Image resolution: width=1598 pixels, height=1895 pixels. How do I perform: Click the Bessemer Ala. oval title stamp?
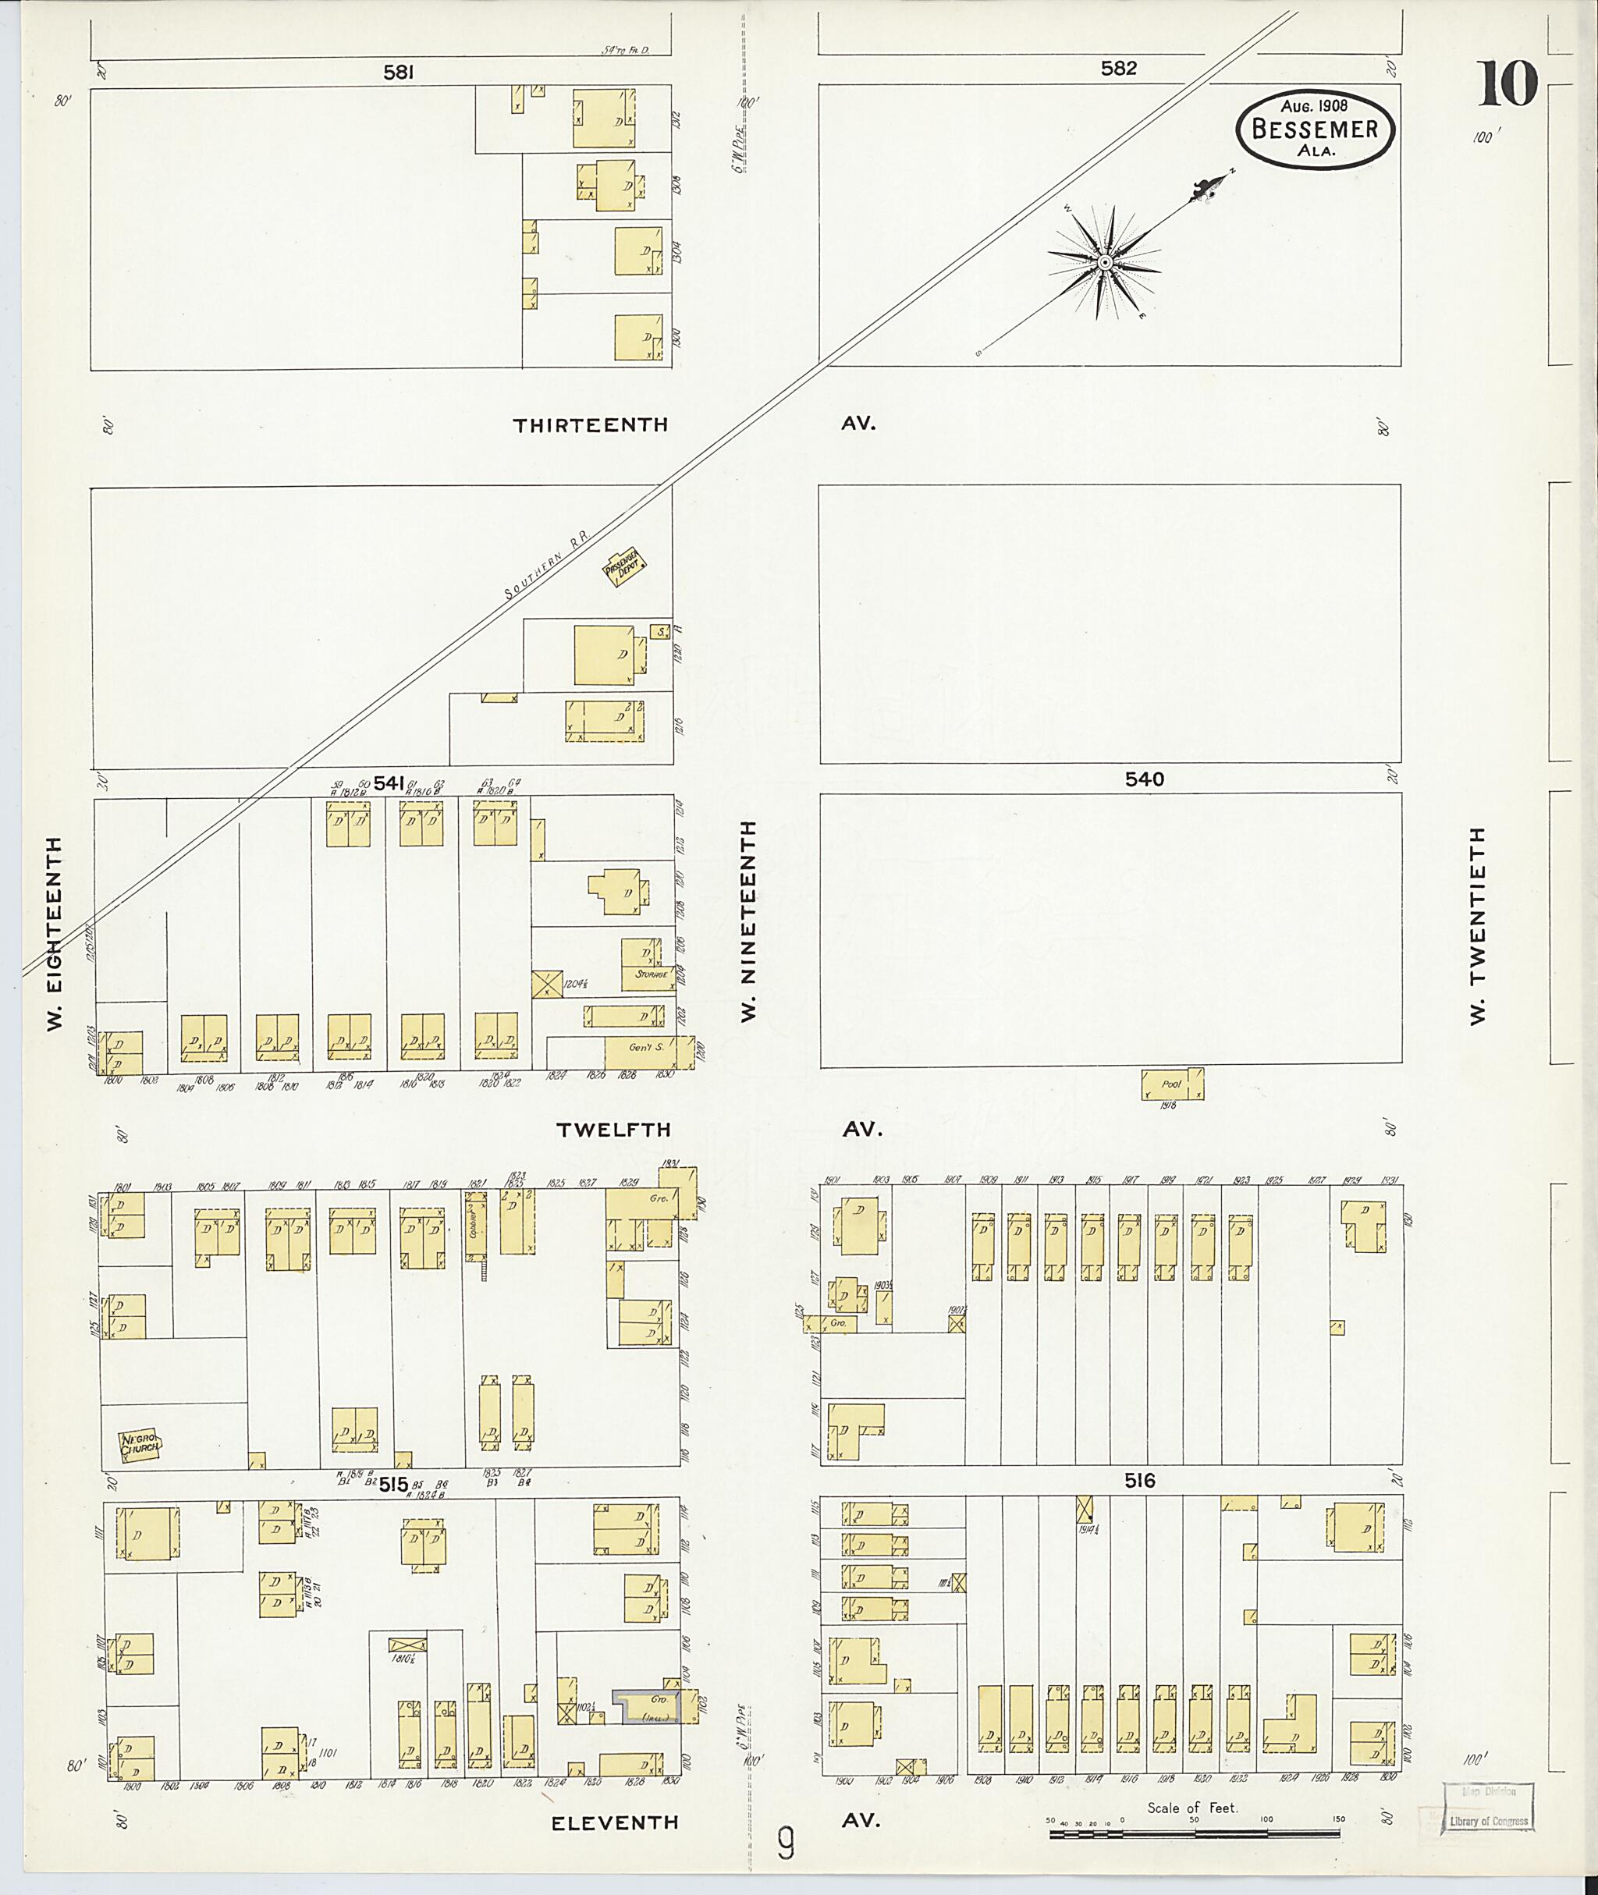[x=1315, y=129]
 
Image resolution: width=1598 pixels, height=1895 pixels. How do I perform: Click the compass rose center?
[x=1104, y=263]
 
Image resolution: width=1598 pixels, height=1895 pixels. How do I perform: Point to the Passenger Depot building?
[x=623, y=566]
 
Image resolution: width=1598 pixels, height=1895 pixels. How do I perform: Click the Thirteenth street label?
[x=591, y=425]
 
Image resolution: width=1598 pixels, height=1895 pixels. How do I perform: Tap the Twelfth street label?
[x=613, y=1130]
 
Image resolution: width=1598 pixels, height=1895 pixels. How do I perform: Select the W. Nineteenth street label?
[x=748, y=921]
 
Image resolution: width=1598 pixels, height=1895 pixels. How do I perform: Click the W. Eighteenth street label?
[x=55, y=933]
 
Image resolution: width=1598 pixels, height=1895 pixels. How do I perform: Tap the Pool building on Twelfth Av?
[x=1171, y=1084]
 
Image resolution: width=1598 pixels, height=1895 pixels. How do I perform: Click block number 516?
[x=1140, y=1481]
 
